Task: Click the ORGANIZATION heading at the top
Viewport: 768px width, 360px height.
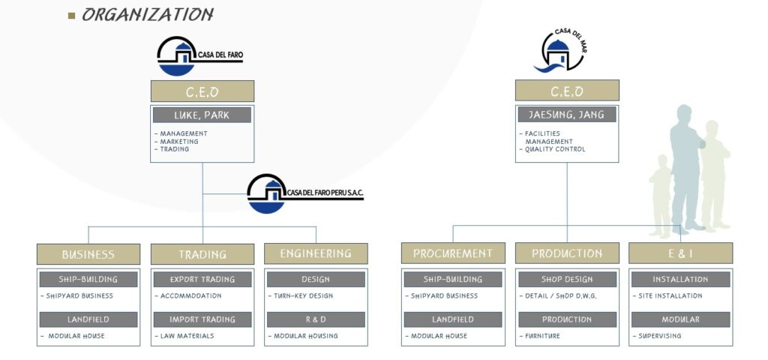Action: click(147, 14)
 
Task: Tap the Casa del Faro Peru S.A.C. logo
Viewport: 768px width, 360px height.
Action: click(304, 193)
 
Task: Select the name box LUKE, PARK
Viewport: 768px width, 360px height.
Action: click(202, 115)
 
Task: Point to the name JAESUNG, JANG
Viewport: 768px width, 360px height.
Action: click(566, 115)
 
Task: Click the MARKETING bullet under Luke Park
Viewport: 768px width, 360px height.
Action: click(180, 142)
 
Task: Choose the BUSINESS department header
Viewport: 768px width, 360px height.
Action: click(88, 253)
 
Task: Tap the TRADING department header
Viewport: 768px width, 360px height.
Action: click(202, 253)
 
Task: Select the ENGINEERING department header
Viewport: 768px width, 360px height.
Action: click(316, 253)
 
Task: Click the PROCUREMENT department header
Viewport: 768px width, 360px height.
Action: click(453, 253)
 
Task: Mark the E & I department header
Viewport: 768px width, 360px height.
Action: click(680, 253)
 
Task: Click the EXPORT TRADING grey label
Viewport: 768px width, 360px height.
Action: click(202, 280)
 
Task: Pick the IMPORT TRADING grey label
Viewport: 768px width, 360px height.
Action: click(202, 319)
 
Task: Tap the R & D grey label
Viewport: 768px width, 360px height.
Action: click(316, 319)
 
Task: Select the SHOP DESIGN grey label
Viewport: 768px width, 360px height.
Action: click(567, 280)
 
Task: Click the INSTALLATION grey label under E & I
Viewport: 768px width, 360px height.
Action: click(680, 280)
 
